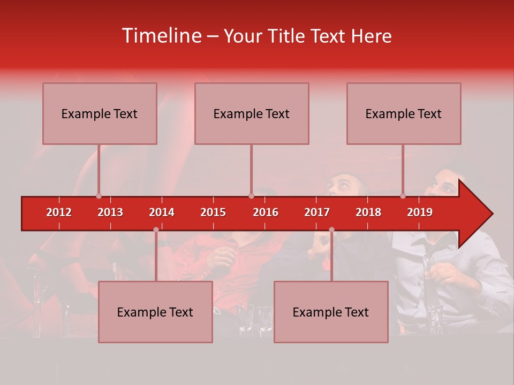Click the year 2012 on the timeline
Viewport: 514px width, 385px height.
click(x=59, y=212)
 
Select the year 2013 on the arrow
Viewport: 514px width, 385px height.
click(x=110, y=212)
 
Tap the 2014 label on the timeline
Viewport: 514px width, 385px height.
click(x=162, y=212)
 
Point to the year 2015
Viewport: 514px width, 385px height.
click(x=213, y=212)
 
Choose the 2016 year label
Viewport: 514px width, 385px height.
click(x=266, y=212)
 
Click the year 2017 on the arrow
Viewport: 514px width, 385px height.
click(x=317, y=212)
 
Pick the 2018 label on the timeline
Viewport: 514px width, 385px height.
click(x=368, y=212)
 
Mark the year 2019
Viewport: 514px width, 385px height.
click(x=420, y=212)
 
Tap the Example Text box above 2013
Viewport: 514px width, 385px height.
click(x=100, y=113)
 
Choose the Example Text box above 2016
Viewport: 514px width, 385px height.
click(x=252, y=113)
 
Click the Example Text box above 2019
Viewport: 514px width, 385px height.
click(x=404, y=113)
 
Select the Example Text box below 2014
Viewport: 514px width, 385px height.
click(x=155, y=312)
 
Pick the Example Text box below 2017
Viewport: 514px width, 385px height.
click(x=331, y=312)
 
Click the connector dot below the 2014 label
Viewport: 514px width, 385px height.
click(x=156, y=230)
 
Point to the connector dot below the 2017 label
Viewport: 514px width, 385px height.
click(x=331, y=230)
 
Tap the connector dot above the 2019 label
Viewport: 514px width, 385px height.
click(x=403, y=196)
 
